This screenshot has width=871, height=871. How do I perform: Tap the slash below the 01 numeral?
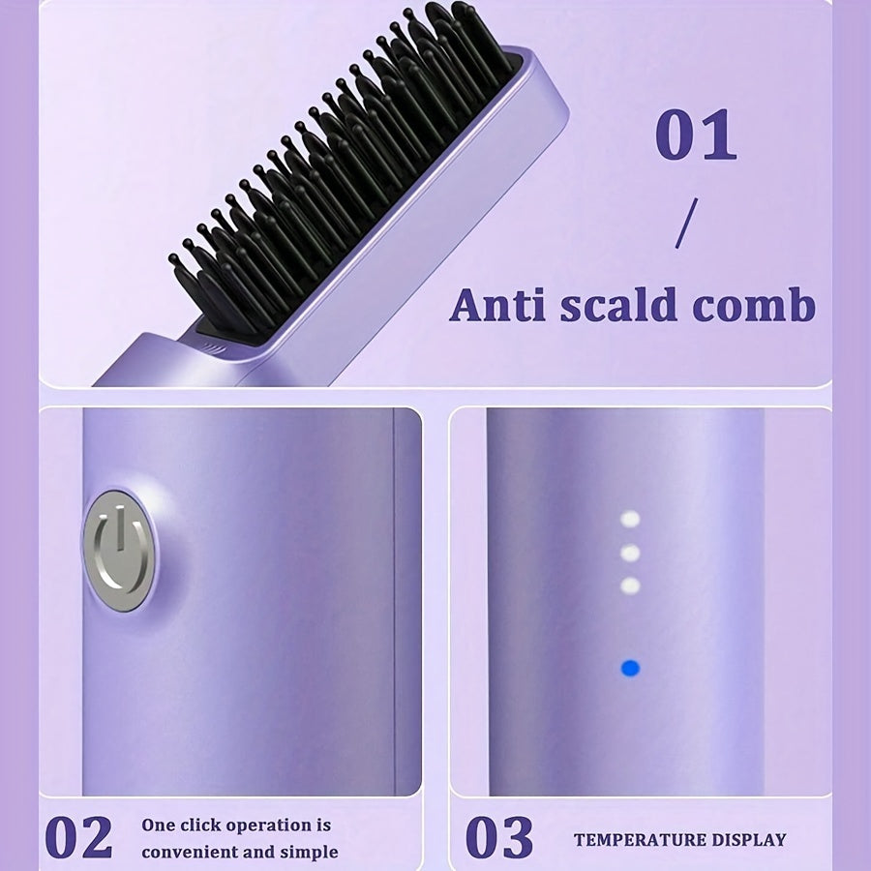[x=686, y=225]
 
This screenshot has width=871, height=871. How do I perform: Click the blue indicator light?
[x=630, y=668]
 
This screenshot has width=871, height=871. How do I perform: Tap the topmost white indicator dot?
[x=630, y=520]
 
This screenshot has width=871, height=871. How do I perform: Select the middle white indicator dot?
[x=630, y=553]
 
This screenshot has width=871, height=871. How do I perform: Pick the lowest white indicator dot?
[x=630, y=586]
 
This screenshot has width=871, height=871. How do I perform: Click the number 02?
[x=78, y=838]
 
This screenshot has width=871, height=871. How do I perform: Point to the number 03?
[x=498, y=838]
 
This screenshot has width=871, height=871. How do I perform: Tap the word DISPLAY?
[x=752, y=840]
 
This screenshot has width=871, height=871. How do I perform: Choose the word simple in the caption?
[x=309, y=853]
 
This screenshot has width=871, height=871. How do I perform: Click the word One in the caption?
[x=159, y=826]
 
